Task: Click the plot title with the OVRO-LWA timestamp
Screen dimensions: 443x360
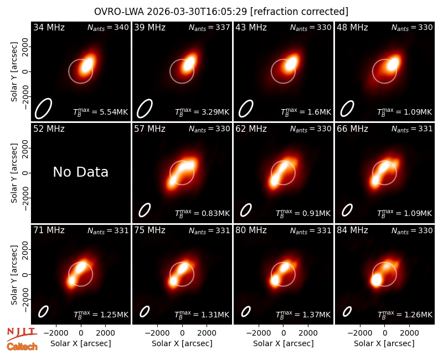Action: [221, 12]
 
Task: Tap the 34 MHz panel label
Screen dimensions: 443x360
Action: [49, 27]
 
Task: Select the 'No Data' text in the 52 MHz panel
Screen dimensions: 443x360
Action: [80, 172]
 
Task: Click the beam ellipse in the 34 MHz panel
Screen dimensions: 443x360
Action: [44, 108]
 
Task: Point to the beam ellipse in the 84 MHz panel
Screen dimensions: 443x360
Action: [347, 312]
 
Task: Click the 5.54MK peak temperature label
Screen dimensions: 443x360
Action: [101, 111]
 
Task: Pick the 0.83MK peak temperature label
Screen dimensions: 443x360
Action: [202, 213]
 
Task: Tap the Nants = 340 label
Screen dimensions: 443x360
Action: [108, 27]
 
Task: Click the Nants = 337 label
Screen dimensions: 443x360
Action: [209, 27]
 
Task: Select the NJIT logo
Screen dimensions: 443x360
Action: [22, 333]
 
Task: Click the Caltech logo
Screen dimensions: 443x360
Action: [22, 347]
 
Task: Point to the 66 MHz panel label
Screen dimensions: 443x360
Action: [352, 129]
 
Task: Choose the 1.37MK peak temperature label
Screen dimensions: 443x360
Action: [303, 314]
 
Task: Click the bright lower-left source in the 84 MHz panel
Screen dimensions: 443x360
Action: [377, 281]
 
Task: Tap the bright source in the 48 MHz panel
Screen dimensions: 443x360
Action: [393, 64]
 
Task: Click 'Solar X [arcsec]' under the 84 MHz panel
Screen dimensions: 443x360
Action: [384, 343]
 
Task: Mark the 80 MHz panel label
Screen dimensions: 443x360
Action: [251, 230]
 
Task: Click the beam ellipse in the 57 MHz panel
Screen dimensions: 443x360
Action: [145, 210]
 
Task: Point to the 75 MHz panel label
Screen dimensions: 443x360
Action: [150, 230]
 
